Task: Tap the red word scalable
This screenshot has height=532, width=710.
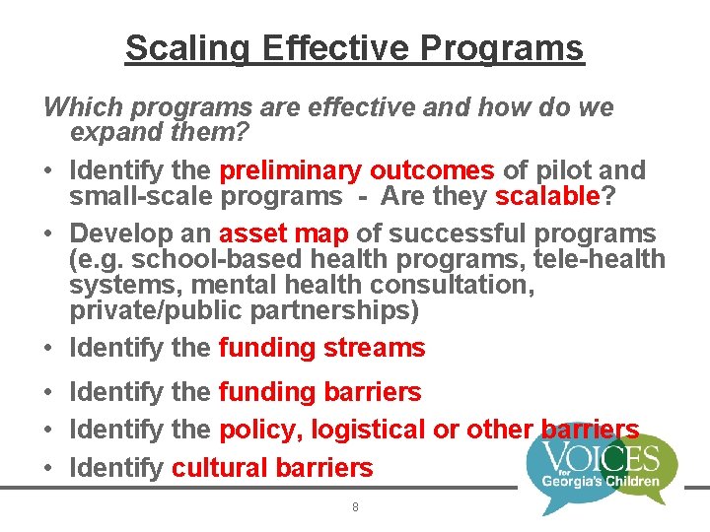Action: tap(547, 196)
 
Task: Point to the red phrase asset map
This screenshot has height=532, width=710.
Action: tap(284, 233)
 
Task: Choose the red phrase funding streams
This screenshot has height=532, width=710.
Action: tap(321, 348)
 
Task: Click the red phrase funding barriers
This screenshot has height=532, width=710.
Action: tap(319, 392)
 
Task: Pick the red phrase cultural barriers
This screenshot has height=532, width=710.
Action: tap(272, 467)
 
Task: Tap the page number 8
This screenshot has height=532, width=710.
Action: tap(355, 507)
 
